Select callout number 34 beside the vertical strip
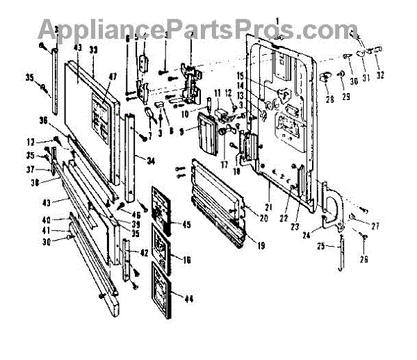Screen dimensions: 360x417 152,159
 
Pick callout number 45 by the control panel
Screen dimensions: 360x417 186,224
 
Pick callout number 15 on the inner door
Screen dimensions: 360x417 261,74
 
